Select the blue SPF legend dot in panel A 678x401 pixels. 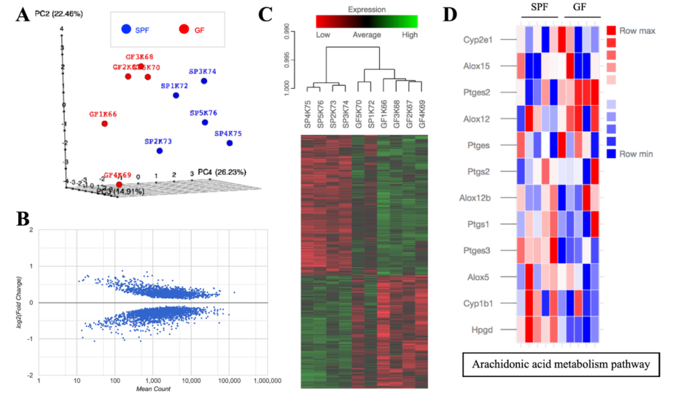(127, 29)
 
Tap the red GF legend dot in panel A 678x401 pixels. (184, 29)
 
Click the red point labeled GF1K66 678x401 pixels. (104, 124)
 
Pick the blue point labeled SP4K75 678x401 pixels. (230, 143)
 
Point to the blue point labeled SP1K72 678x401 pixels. (176, 95)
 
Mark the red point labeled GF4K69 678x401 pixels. (110, 184)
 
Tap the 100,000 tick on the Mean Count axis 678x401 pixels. (229, 381)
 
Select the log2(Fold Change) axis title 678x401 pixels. (26, 302)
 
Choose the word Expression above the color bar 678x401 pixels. (367, 10)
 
